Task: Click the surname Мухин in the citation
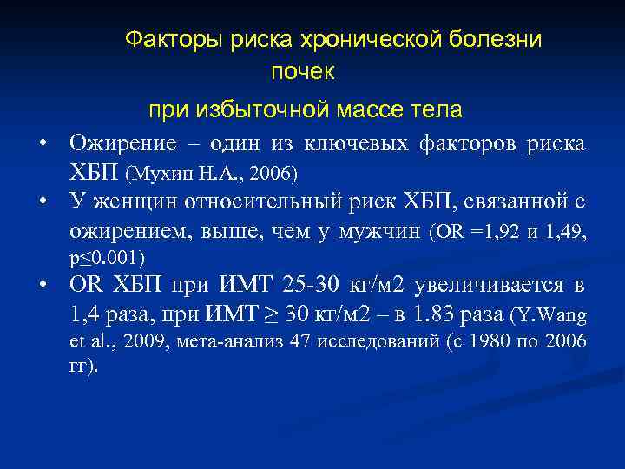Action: click(155, 175)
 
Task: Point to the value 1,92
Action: click(500, 232)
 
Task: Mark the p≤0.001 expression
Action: click(107, 258)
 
